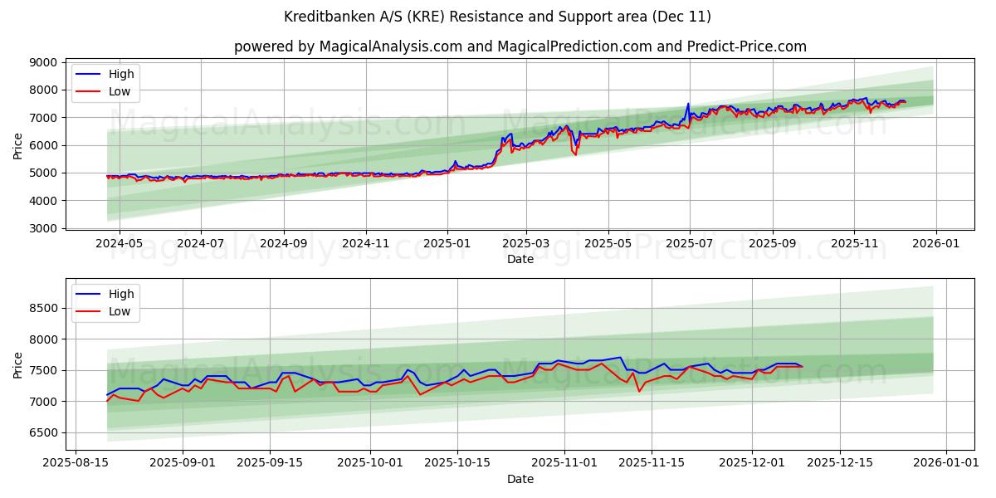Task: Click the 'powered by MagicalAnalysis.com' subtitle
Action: [x=520, y=46]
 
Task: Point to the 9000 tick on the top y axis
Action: [x=43, y=62]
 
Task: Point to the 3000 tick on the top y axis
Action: [x=43, y=228]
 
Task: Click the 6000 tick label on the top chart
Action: [x=43, y=145]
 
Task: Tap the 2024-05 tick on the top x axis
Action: [x=120, y=243]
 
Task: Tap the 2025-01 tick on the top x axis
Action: [x=447, y=243]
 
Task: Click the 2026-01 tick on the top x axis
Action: [x=936, y=243]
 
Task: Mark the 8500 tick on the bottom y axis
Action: [x=43, y=308]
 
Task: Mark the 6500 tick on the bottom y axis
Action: [x=43, y=432]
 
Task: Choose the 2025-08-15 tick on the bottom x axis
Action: [x=76, y=463]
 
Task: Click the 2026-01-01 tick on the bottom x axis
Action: [x=945, y=463]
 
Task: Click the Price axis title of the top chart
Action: [x=18, y=145]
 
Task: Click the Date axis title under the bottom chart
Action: [x=520, y=479]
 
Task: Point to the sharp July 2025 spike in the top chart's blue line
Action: [x=687, y=105]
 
